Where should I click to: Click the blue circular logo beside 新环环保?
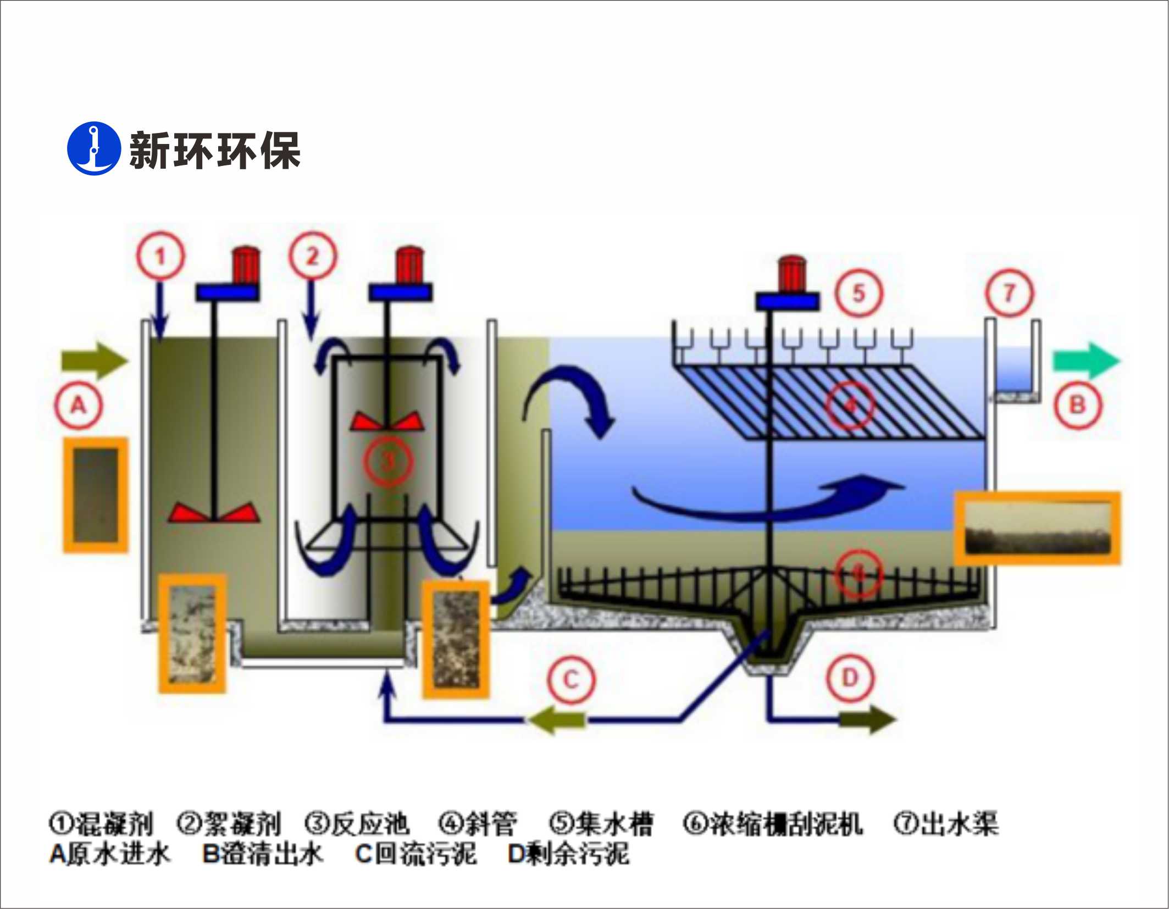[x=93, y=148]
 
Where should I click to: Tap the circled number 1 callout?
[x=160, y=256]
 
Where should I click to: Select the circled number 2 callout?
[x=313, y=256]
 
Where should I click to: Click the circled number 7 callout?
[x=1009, y=293]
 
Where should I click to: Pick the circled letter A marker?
[x=79, y=406]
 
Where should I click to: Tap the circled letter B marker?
[x=1077, y=406]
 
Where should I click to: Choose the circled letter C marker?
[x=571, y=680]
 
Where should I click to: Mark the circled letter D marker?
[x=850, y=678]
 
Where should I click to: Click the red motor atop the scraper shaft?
[x=792, y=274]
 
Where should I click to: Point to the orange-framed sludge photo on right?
[x=1037, y=528]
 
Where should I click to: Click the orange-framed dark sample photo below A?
[x=96, y=495]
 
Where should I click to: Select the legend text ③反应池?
[x=357, y=824]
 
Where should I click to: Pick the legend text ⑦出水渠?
[x=946, y=824]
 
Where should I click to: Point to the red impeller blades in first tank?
[x=214, y=512]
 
